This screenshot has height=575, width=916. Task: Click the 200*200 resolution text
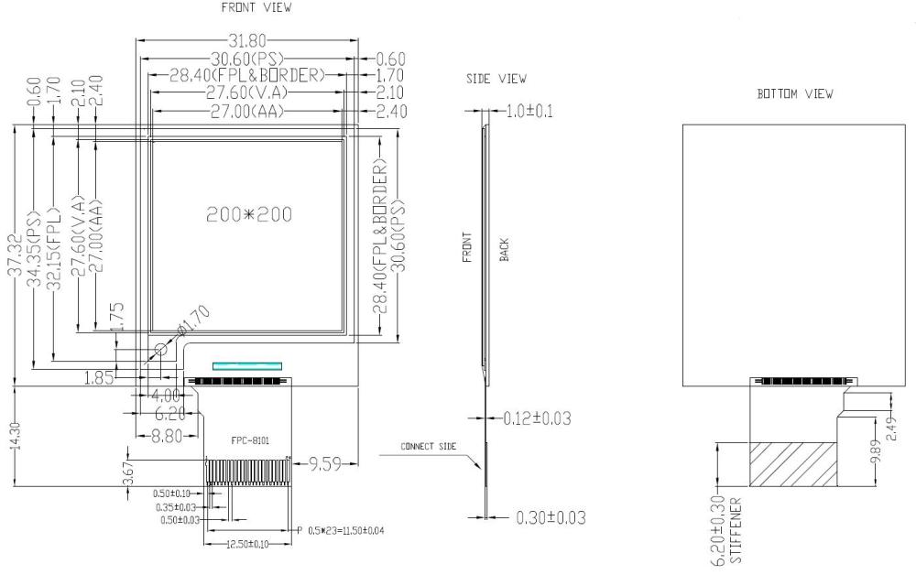[249, 214]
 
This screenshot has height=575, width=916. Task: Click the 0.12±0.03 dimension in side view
[538, 418]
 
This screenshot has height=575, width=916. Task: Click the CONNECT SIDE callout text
[428, 447]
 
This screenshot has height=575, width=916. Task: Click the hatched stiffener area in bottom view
[792, 462]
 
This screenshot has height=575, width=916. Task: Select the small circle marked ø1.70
[161, 349]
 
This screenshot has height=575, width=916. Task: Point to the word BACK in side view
[504, 249]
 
